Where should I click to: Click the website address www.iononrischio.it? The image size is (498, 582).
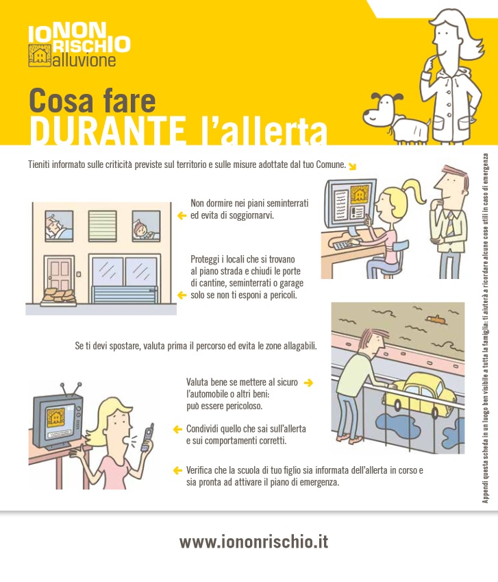click(x=253, y=542)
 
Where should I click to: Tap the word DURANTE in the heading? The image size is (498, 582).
click(x=100, y=130)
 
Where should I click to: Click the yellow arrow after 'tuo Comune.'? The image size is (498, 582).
click(x=352, y=166)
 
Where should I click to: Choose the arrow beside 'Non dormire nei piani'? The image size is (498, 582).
click(x=182, y=216)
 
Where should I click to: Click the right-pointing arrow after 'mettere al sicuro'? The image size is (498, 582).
click(x=308, y=383)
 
